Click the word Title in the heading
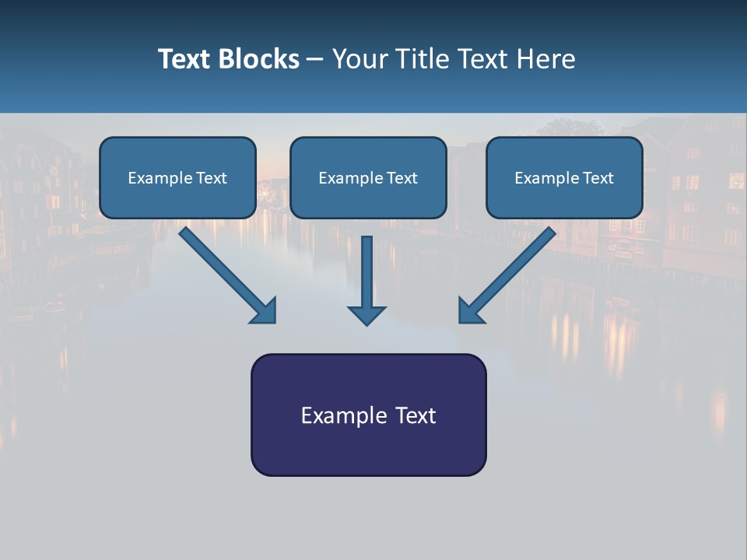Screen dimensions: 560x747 click(416, 59)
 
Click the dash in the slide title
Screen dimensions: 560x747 click(315, 60)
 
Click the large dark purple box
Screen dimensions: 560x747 click(368, 451)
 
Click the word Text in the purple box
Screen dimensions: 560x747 click(416, 415)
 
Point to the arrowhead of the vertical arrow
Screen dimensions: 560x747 click(366, 315)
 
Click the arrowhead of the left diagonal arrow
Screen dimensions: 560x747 click(265, 311)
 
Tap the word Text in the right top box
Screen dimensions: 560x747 click(598, 178)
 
